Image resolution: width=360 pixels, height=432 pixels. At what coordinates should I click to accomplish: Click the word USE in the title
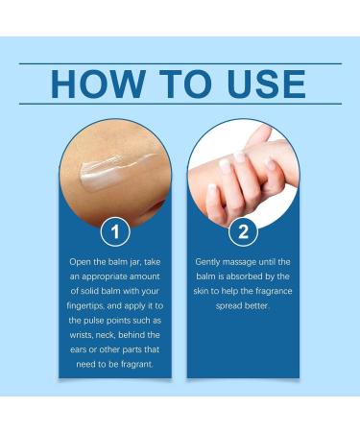266,84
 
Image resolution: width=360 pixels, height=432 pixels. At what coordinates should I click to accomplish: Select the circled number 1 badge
115,231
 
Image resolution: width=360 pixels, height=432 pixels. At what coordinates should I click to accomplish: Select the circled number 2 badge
243,231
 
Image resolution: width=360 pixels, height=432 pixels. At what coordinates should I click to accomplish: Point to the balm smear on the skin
115,170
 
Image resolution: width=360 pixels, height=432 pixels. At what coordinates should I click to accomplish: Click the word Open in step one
81,262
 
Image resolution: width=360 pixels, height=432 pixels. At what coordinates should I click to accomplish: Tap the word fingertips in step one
85,306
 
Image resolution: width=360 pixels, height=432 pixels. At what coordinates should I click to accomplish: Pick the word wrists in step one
81,335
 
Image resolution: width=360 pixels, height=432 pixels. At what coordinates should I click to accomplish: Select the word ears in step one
78,349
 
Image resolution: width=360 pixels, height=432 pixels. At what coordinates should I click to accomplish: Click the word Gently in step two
207,262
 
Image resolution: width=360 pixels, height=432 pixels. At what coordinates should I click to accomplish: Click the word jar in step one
135,262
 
